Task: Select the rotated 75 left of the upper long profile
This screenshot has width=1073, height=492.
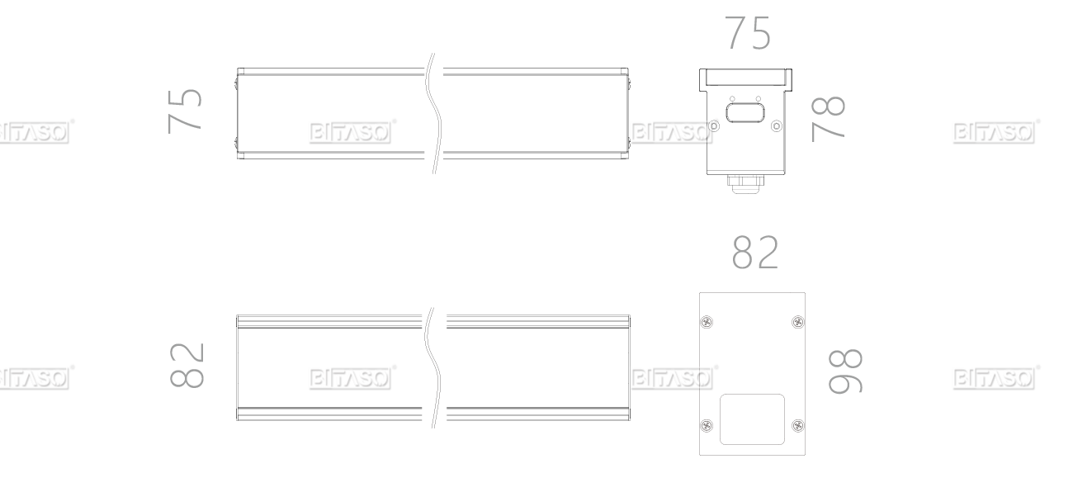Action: point(185,111)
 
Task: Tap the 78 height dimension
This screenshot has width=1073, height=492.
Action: point(828,119)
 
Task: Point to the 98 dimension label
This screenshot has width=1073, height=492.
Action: point(845,371)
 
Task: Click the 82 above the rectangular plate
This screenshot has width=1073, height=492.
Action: point(755,252)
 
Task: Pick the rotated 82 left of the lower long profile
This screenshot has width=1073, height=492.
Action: point(187,365)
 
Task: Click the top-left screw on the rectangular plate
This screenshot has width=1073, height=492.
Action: point(707,322)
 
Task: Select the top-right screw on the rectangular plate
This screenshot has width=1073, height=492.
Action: point(797,322)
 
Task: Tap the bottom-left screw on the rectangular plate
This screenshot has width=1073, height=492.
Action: point(707,425)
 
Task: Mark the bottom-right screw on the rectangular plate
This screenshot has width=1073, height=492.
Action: point(797,425)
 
